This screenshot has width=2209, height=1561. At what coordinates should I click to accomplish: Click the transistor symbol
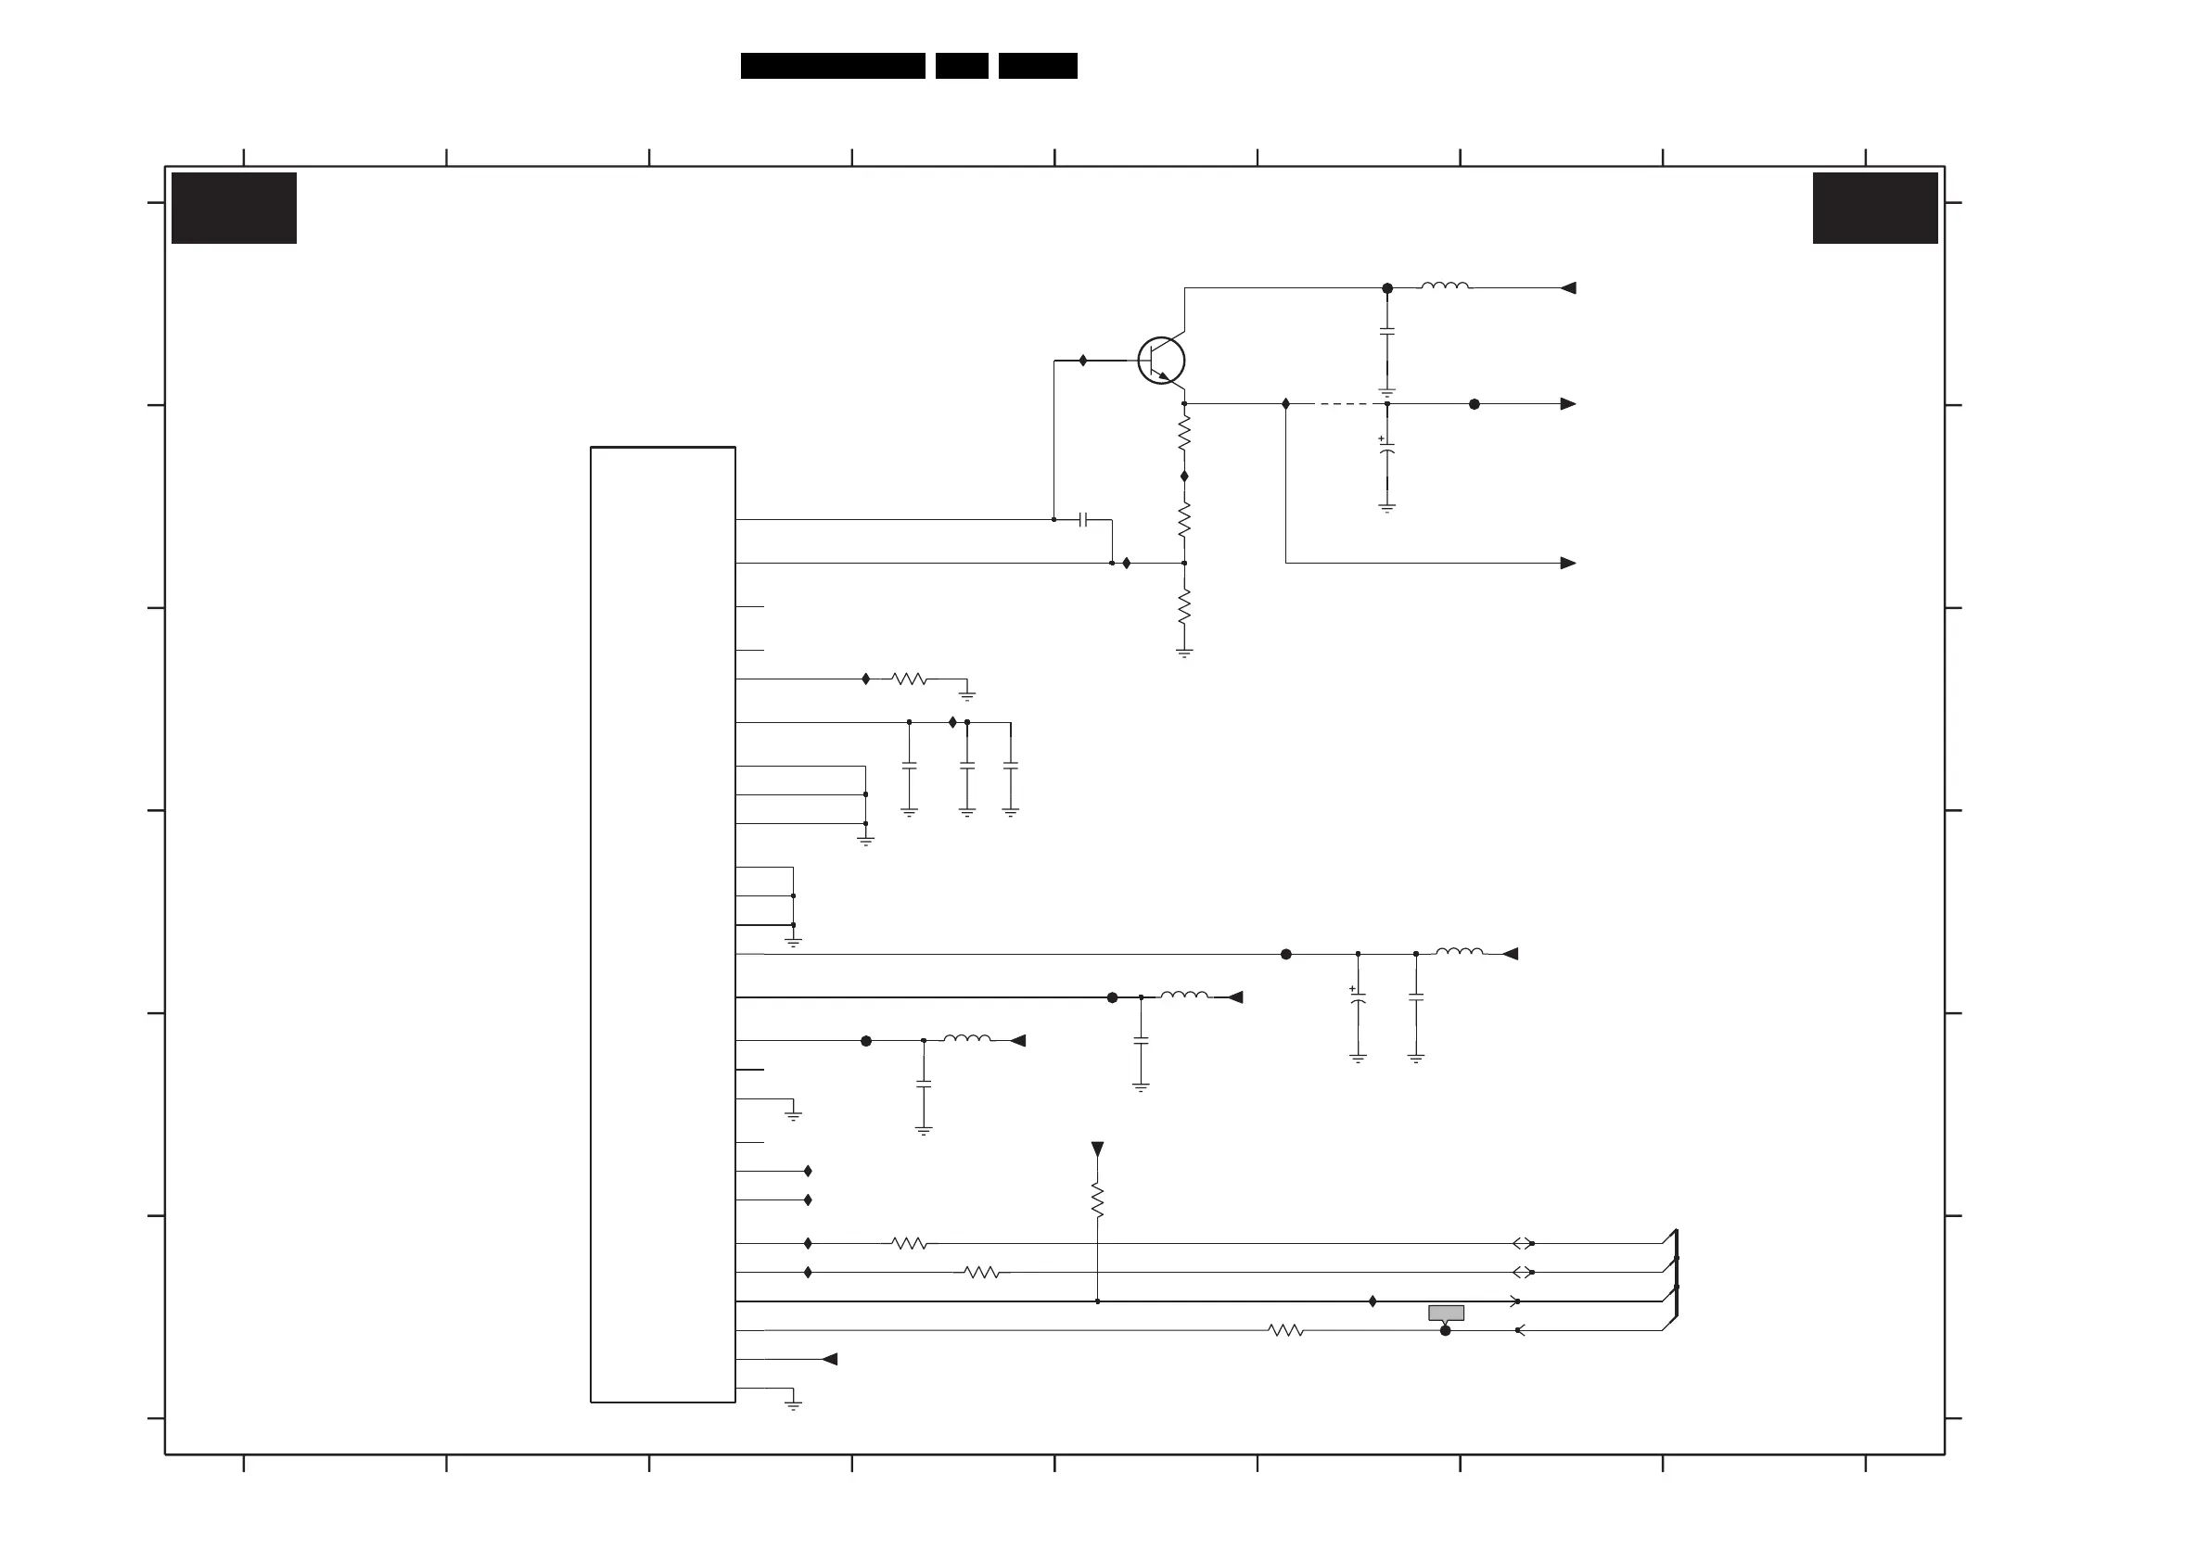pyautogui.click(x=1161, y=361)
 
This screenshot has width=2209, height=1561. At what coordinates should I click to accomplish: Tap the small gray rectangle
pyautogui.click(x=1446, y=1313)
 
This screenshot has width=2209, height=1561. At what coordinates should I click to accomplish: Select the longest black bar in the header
pyautogui.click(x=832, y=66)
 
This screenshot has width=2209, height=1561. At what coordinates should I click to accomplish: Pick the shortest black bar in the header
pyautogui.click(x=962, y=66)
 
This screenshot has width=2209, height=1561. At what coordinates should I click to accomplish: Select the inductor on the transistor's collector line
pyautogui.click(x=1445, y=286)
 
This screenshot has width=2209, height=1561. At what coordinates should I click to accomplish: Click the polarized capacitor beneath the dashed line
pyautogui.click(x=1387, y=451)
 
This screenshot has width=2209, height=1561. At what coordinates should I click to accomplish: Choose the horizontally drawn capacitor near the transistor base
pyautogui.click(x=1083, y=519)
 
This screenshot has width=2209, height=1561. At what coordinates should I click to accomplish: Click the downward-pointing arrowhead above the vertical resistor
pyautogui.click(x=1098, y=1149)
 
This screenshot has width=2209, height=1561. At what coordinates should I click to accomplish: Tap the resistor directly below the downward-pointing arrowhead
pyautogui.click(x=1098, y=1200)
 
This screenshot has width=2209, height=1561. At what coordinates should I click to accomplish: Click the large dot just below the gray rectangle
pyautogui.click(x=1445, y=1330)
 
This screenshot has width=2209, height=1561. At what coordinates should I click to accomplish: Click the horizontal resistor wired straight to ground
pyautogui.click(x=909, y=679)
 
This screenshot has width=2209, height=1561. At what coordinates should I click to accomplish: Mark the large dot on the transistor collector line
pyautogui.click(x=1387, y=288)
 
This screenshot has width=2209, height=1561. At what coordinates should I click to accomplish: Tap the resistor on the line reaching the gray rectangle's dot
pyautogui.click(x=1286, y=1330)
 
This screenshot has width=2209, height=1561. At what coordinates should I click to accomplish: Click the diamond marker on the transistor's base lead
pyautogui.click(x=1083, y=361)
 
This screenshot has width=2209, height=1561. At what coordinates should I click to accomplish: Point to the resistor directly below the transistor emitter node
pyautogui.click(x=1184, y=433)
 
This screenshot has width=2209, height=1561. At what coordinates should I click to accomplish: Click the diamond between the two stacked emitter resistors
pyautogui.click(x=1184, y=476)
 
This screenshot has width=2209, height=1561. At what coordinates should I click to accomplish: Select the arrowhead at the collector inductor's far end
pyautogui.click(x=1568, y=287)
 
